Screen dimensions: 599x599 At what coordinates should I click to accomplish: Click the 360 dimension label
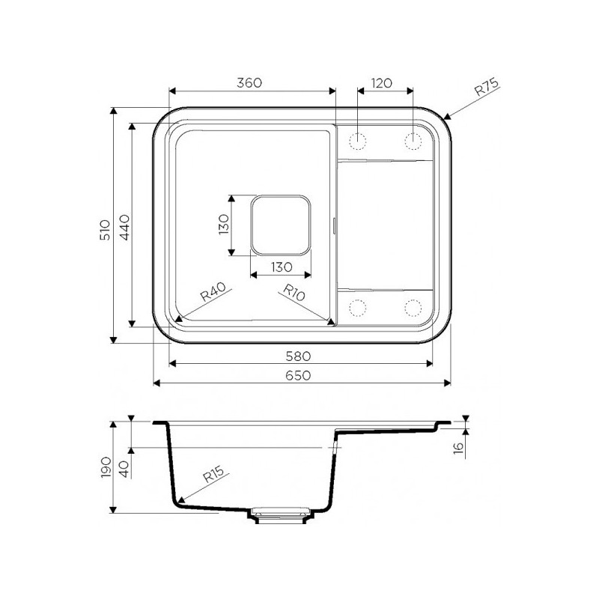tap(249, 82)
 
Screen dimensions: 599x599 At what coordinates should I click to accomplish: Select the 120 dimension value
tap(381, 82)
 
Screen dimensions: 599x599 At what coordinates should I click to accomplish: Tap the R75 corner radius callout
tap(486, 87)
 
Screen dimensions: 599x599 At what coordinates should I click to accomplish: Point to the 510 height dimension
tap(105, 230)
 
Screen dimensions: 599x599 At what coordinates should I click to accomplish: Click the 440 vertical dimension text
tap(124, 228)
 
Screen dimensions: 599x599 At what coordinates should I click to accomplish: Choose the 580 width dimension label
tap(298, 356)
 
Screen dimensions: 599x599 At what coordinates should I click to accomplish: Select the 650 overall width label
tap(298, 376)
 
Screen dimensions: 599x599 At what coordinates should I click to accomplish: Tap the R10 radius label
tap(294, 292)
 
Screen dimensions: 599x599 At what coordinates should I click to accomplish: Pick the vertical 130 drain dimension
tap(223, 224)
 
